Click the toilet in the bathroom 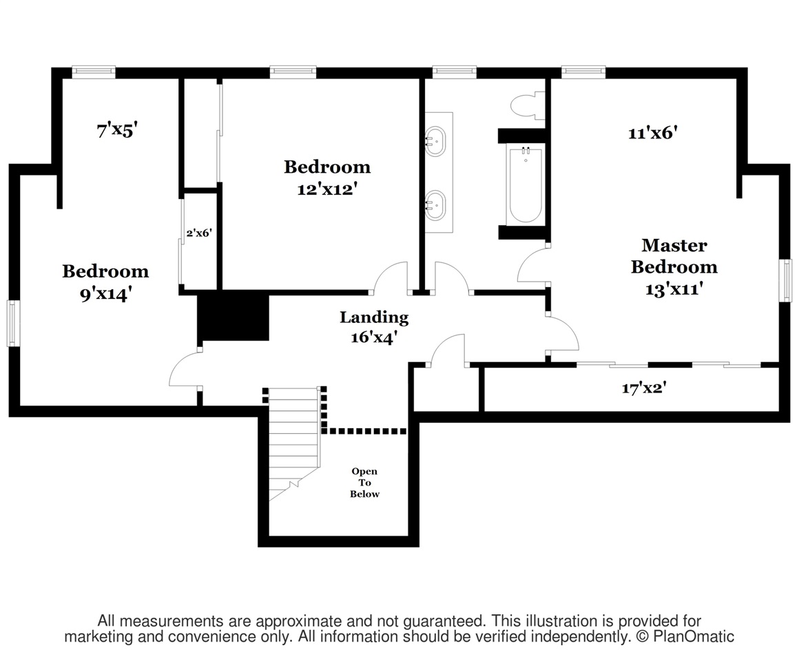(528, 105)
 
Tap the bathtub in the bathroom (525, 185)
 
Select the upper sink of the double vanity (436, 141)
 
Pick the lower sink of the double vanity (436, 205)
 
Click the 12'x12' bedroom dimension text (327, 189)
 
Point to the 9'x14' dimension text (106, 294)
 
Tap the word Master (674, 245)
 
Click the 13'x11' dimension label (674, 289)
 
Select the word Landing (374, 318)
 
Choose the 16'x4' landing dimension (374, 337)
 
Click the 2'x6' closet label (199, 233)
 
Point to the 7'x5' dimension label (117, 130)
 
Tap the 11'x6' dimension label (653, 133)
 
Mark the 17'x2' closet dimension (644, 388)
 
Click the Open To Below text (364, 483)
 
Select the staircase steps (294, 444)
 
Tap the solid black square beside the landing (234, 318)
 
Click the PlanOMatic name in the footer (694, 636)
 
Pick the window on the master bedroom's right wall (788, 280)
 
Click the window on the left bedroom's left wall (12, 324)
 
